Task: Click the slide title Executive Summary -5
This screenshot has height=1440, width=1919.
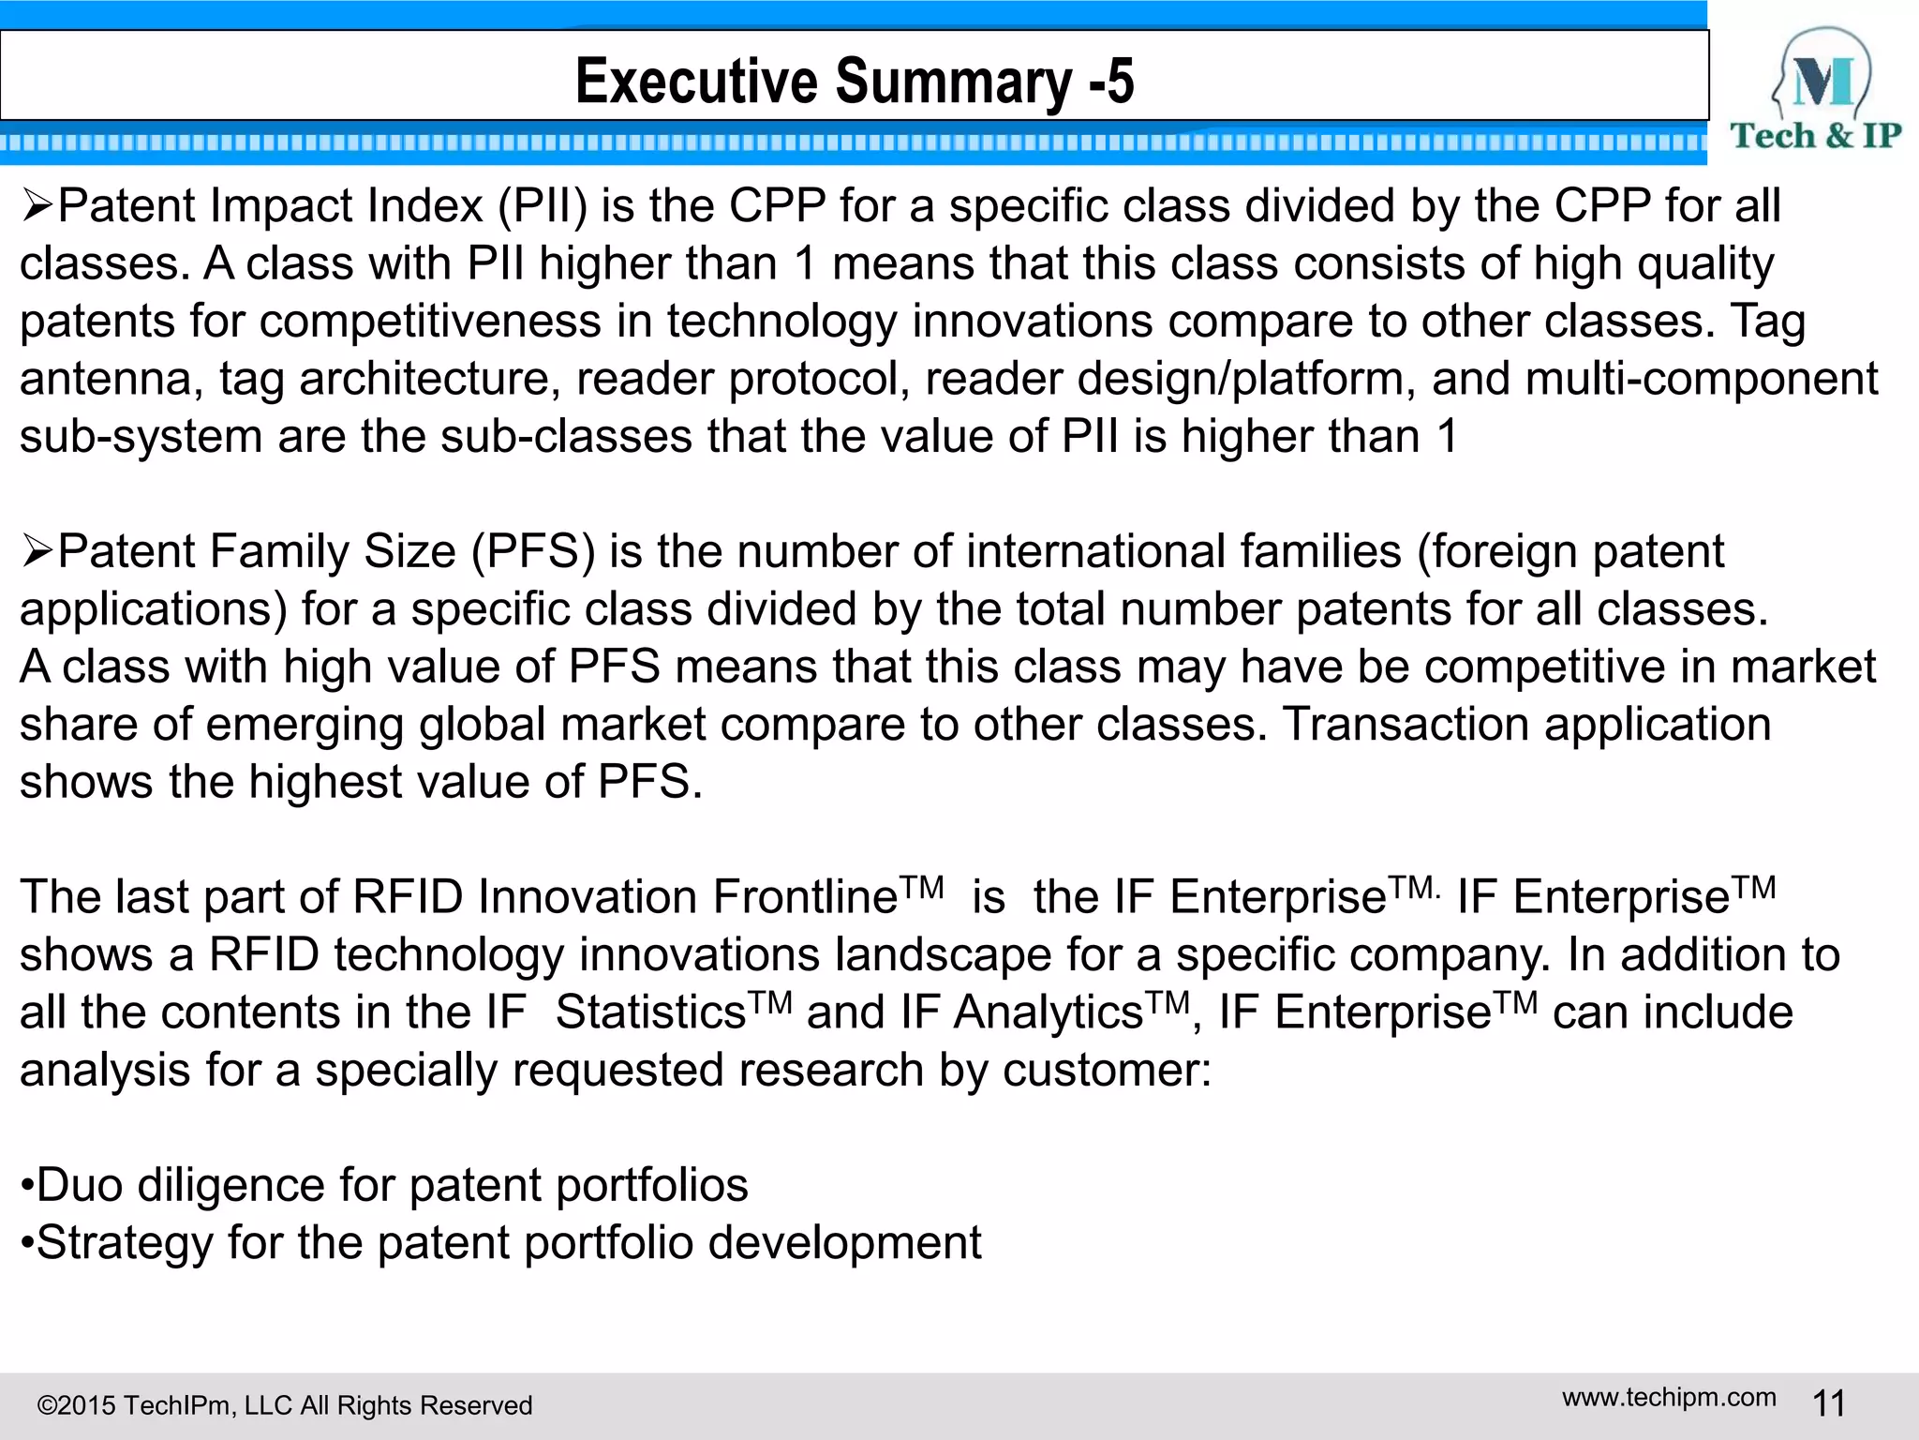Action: pyautogui.click(x=855, y=81)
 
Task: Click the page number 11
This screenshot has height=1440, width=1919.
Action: pyautogui.click(x=1829, y=1404)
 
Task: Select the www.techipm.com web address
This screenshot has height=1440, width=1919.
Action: pyautogui.click(x=1669, y=1397)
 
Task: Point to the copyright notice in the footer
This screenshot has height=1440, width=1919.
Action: pyautogui.click(x=285, y=1405)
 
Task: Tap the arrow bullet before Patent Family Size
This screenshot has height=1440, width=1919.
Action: pyautogui.click(x=37, y=551)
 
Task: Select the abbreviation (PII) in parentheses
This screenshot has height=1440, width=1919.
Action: pyautogui.click(x=543, y=206)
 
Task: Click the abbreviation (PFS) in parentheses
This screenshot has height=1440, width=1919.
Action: pyautogui.click(x=533, y=551)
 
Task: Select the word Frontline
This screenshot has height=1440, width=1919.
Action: pyautogui.click(x=805, y=897)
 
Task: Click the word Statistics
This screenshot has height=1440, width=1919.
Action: pyautogui.click(x=650, y=1012)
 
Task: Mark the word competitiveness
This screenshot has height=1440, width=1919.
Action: pyautogui.click(x=430, y=322)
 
